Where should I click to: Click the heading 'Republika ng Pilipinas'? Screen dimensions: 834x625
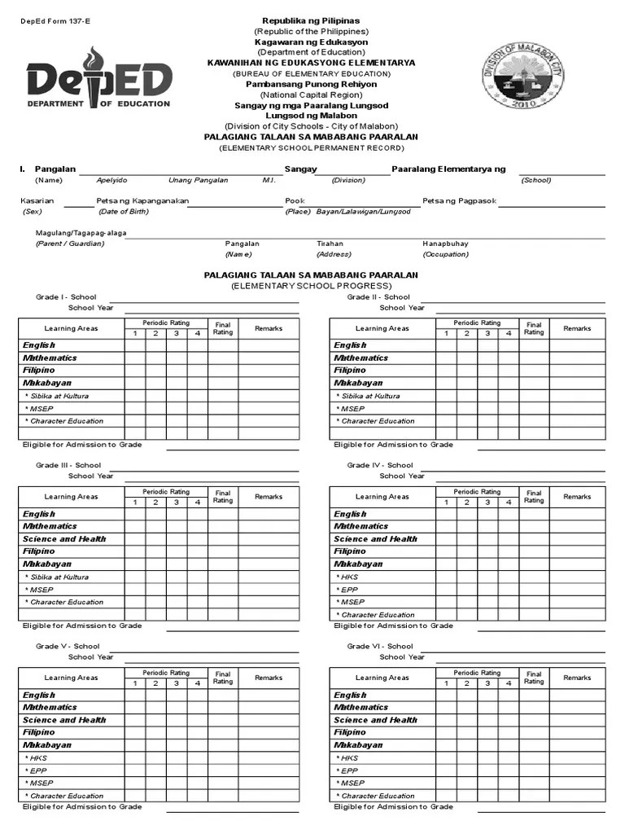pos(310,20)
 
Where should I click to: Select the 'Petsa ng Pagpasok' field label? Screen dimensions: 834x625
pos(459,200)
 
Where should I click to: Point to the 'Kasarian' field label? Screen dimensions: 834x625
pos(37,200)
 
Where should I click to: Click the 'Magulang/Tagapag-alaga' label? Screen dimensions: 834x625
pos(81,232)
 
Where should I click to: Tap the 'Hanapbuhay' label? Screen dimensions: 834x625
pos(445,244)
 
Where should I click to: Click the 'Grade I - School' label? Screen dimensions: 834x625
pos(66,297)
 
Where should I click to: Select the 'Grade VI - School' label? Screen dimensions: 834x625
pos(379,647)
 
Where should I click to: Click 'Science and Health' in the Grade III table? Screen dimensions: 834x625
pos(64,539)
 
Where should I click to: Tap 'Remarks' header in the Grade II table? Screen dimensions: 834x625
pos(577,328)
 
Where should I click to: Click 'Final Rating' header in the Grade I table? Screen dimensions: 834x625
pos(223,328)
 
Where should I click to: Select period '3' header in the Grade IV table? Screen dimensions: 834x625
pos(487,503)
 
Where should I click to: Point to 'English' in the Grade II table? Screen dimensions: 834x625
pos(350,345)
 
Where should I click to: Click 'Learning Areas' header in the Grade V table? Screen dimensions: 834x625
pos(71,678)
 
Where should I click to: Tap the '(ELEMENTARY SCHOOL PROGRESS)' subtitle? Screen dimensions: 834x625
pos(310,287)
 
